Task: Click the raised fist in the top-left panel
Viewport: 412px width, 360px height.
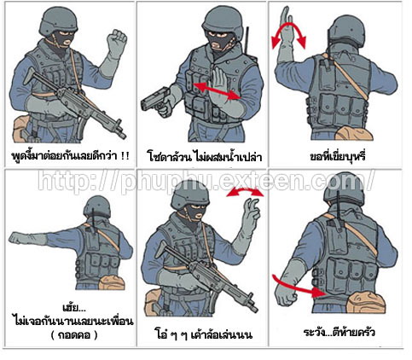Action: pos(117,43)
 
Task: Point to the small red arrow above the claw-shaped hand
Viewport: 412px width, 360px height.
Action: pos(245,192)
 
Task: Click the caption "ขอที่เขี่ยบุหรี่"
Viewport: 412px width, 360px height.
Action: pos(338,156)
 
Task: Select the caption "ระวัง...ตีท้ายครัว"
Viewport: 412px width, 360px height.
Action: pos(339,332)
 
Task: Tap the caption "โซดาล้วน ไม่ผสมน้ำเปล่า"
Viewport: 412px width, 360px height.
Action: pos(205,156)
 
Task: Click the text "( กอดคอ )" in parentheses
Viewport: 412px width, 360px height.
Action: pos(74,335)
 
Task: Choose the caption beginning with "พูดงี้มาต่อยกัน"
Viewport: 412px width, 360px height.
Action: pos(70,156)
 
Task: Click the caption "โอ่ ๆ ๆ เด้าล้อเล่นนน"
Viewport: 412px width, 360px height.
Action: pos(204,334)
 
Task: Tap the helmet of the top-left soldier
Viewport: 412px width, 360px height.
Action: pos(58,20)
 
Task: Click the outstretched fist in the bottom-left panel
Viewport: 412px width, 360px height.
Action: pos(18,238)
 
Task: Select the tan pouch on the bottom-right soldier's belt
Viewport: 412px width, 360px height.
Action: pos(366,302)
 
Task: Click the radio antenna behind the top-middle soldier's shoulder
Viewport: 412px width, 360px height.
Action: pos(247,40)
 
